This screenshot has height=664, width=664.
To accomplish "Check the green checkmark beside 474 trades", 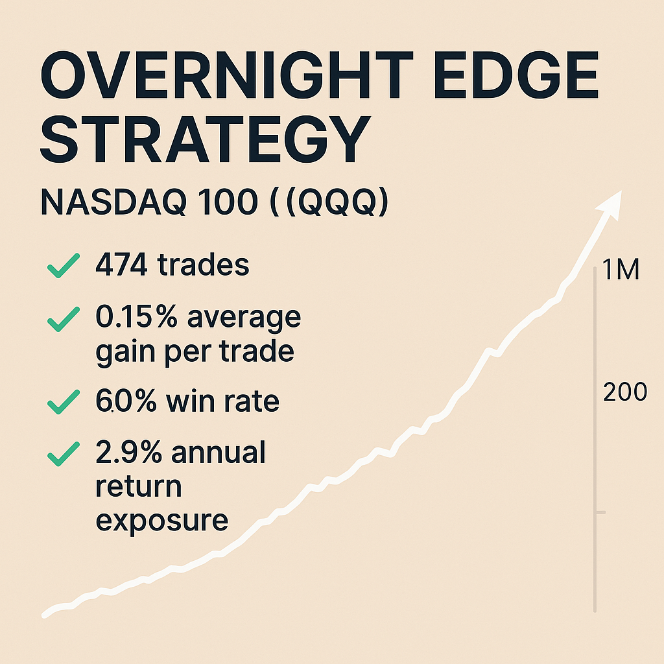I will (64, 266).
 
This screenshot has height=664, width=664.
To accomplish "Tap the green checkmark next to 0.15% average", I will (64, 319).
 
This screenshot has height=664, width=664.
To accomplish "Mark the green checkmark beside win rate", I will (64, 403).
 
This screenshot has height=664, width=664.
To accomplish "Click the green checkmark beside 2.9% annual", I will (64, 454).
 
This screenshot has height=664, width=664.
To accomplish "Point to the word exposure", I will (161, 520).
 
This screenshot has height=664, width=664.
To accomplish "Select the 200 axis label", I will (624, 392).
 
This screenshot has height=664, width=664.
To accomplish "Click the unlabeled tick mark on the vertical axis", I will (599, 512).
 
